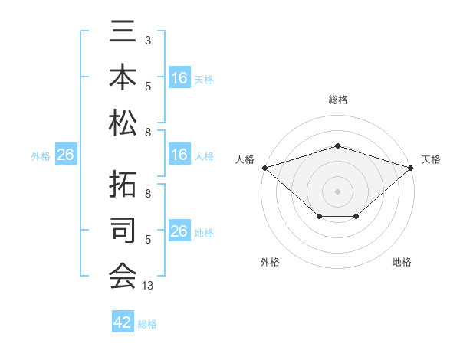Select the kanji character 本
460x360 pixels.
[x=123, y=77]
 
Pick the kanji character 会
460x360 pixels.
[x=123, y=274]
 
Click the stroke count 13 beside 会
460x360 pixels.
[x=149, y=286]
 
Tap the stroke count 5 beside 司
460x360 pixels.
[x=147, y=239]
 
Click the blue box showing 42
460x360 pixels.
[x=123, y=322]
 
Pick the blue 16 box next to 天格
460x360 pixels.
[x=179, y=78]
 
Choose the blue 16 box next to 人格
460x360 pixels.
[x=179, y=155]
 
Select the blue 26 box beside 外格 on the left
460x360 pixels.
[x=65, y=155]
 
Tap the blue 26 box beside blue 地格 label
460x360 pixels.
[x=179, y=232]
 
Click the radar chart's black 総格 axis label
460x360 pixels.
[x=337, y=100]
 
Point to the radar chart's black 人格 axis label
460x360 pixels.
[x=245, y=159]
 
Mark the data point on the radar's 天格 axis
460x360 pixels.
[x=411, y=167]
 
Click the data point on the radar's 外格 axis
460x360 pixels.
[x=319, y=218]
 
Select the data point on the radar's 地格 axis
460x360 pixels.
[x=356, y=218]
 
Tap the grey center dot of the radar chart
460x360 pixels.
[x=337, y=191]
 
